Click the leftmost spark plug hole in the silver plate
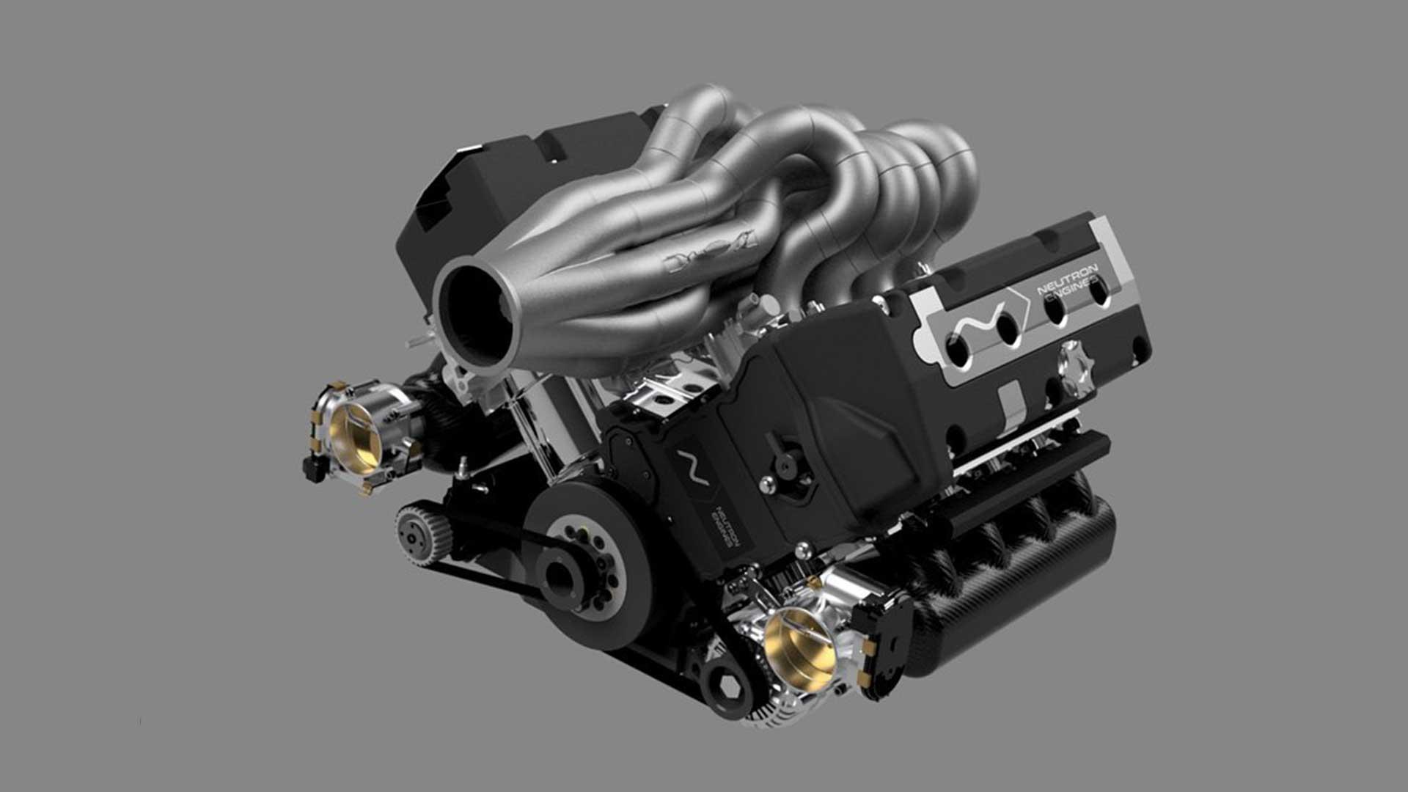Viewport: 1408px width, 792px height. click(x=958, y=351)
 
